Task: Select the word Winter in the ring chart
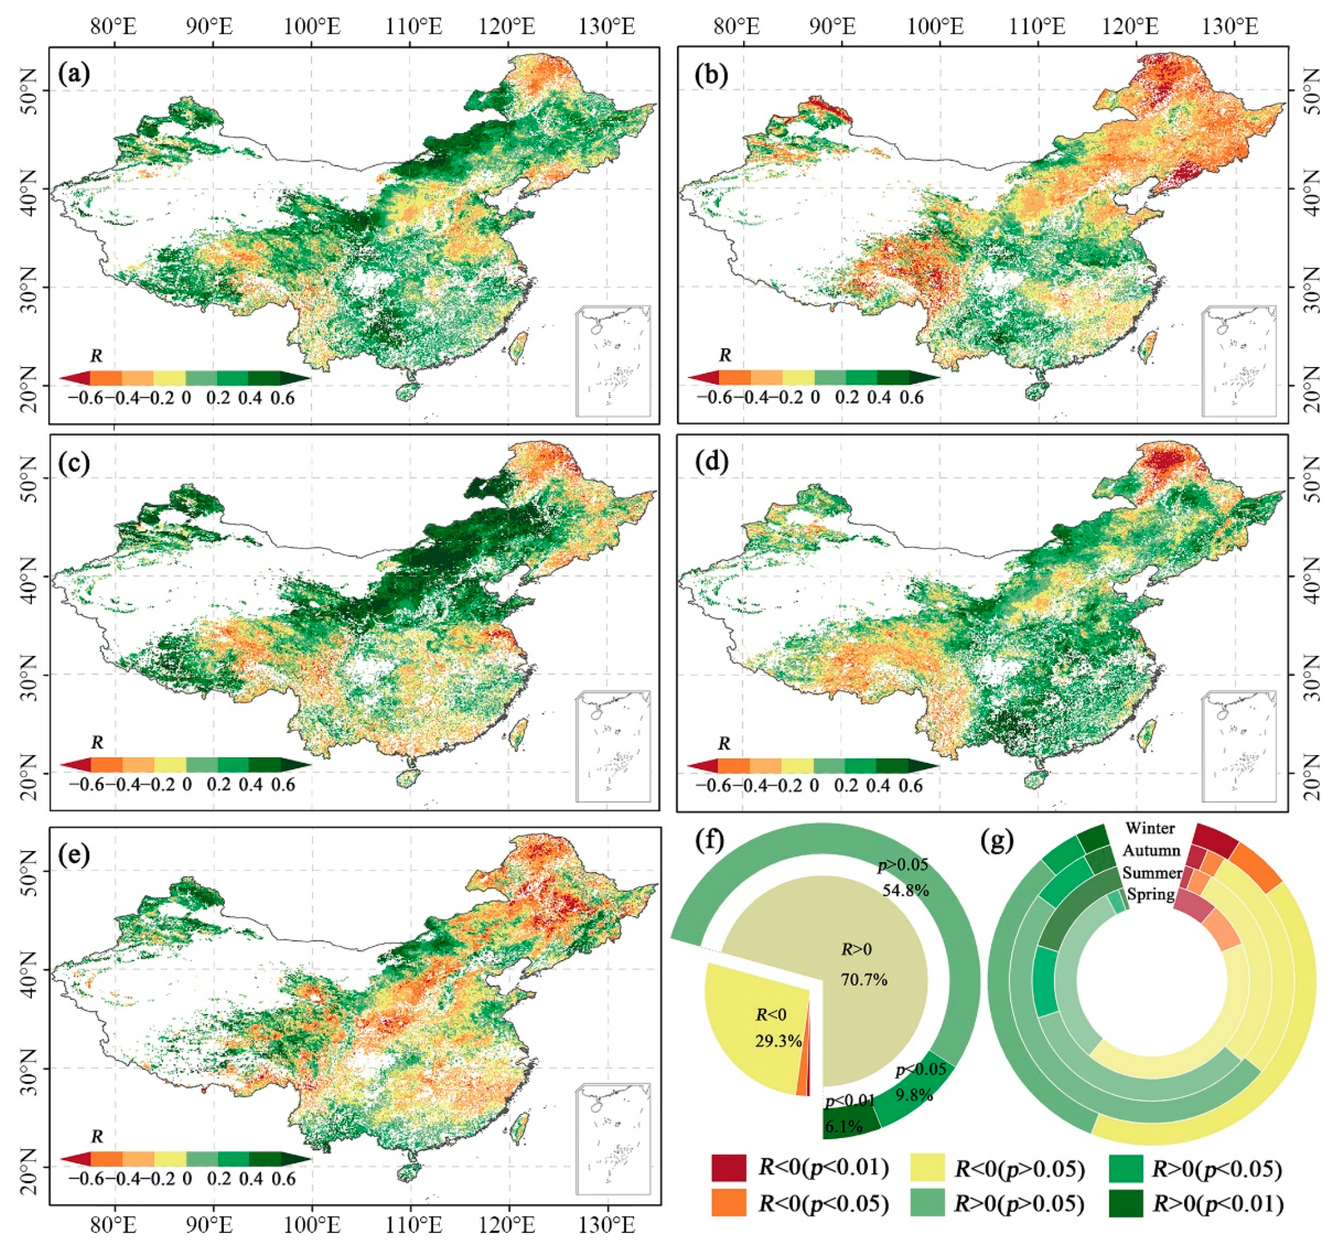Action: [1150, 828]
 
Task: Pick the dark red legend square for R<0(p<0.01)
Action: [729, 1168]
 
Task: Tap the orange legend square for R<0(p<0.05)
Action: [729, 1203]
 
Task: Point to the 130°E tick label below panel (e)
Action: [607, 1226]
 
